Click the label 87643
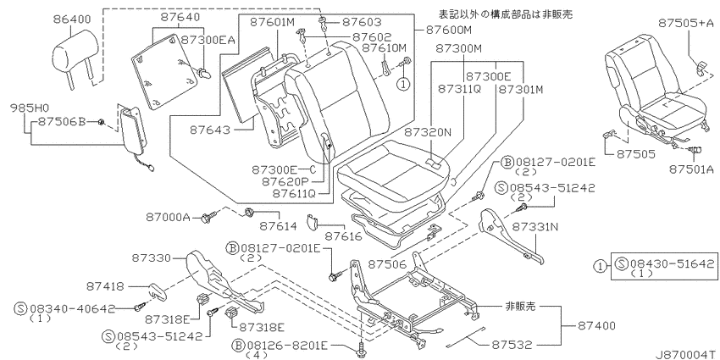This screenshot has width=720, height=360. [x=210, y=130]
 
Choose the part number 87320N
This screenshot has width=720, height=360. [x=428, y=132]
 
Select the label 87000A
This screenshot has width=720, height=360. [x=168, y=217]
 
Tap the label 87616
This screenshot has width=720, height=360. [x=344, y=236]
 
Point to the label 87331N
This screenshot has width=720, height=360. [x=535, y=227]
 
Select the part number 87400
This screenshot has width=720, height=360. [x=596, y=326]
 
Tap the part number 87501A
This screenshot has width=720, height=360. [x=691, y=169]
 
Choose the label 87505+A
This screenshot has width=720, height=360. [x=686, y=23]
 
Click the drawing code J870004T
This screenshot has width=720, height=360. [x=686, y=354]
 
